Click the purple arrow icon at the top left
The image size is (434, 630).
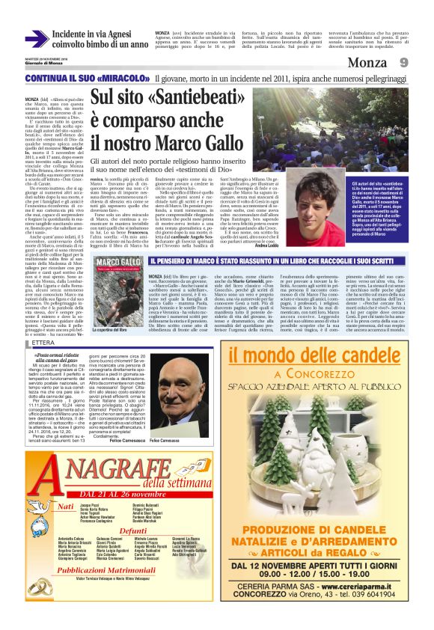pos(37,38)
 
